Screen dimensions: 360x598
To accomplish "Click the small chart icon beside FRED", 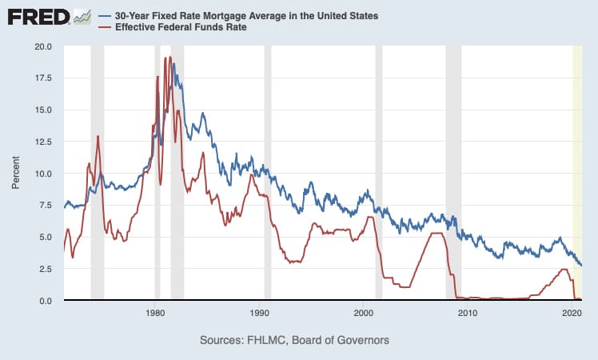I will (82, 17).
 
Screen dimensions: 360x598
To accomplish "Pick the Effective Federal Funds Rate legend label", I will (183, 26).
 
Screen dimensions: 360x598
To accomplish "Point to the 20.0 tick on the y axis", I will (42, 46).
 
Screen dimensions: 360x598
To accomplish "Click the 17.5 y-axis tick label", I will (42, 78).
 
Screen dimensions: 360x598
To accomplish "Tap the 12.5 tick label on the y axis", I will (42, 142).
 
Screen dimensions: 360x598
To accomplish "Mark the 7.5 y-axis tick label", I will (44, 206).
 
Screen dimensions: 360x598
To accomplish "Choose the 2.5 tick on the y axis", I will (44, 269).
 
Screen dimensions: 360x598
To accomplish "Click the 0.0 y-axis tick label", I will (44, 301).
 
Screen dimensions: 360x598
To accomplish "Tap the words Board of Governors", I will (345, 340).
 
